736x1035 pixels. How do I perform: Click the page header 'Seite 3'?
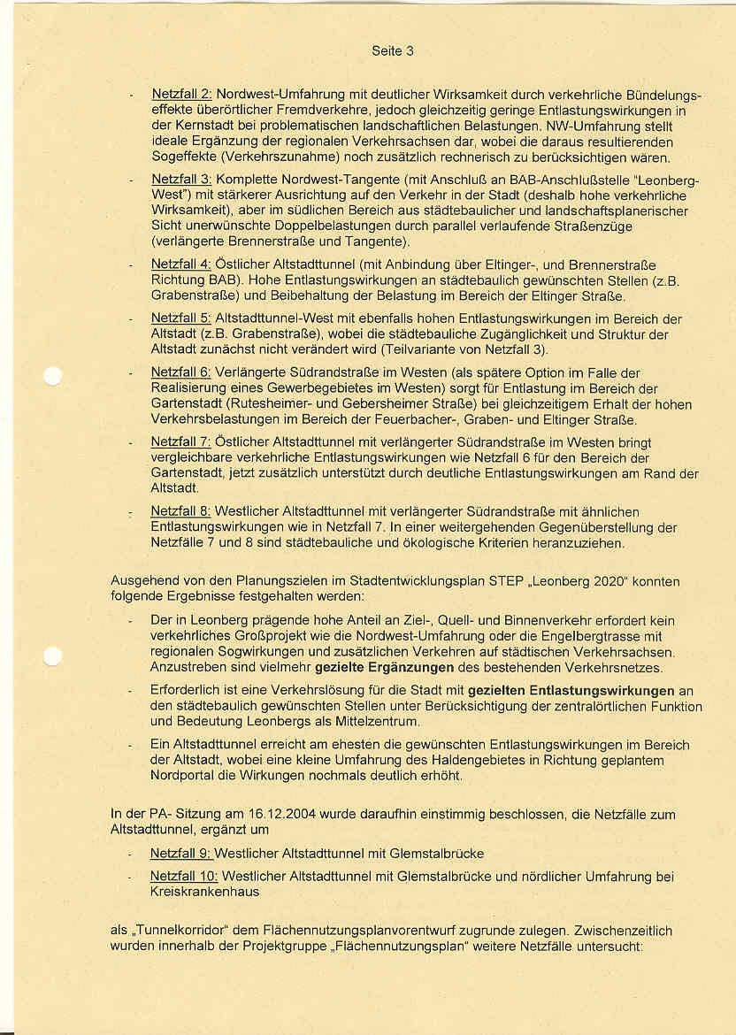coord(392,51)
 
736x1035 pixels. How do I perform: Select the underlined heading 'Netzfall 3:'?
coord(181,180)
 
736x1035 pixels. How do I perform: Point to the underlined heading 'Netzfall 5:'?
coord(180,318)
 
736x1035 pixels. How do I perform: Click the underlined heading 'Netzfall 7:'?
coord(180,442)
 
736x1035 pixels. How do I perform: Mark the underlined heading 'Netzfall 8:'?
coord(180,511)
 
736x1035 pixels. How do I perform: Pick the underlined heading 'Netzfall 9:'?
coord(180,854)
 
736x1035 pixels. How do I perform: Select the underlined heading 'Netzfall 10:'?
coord(184,877)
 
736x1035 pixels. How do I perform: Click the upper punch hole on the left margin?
coord(52,376)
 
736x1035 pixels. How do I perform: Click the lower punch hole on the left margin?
coord(52,655)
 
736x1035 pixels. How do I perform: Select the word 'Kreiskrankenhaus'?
coord(204,892)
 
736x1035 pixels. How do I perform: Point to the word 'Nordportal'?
coord(183,776)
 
